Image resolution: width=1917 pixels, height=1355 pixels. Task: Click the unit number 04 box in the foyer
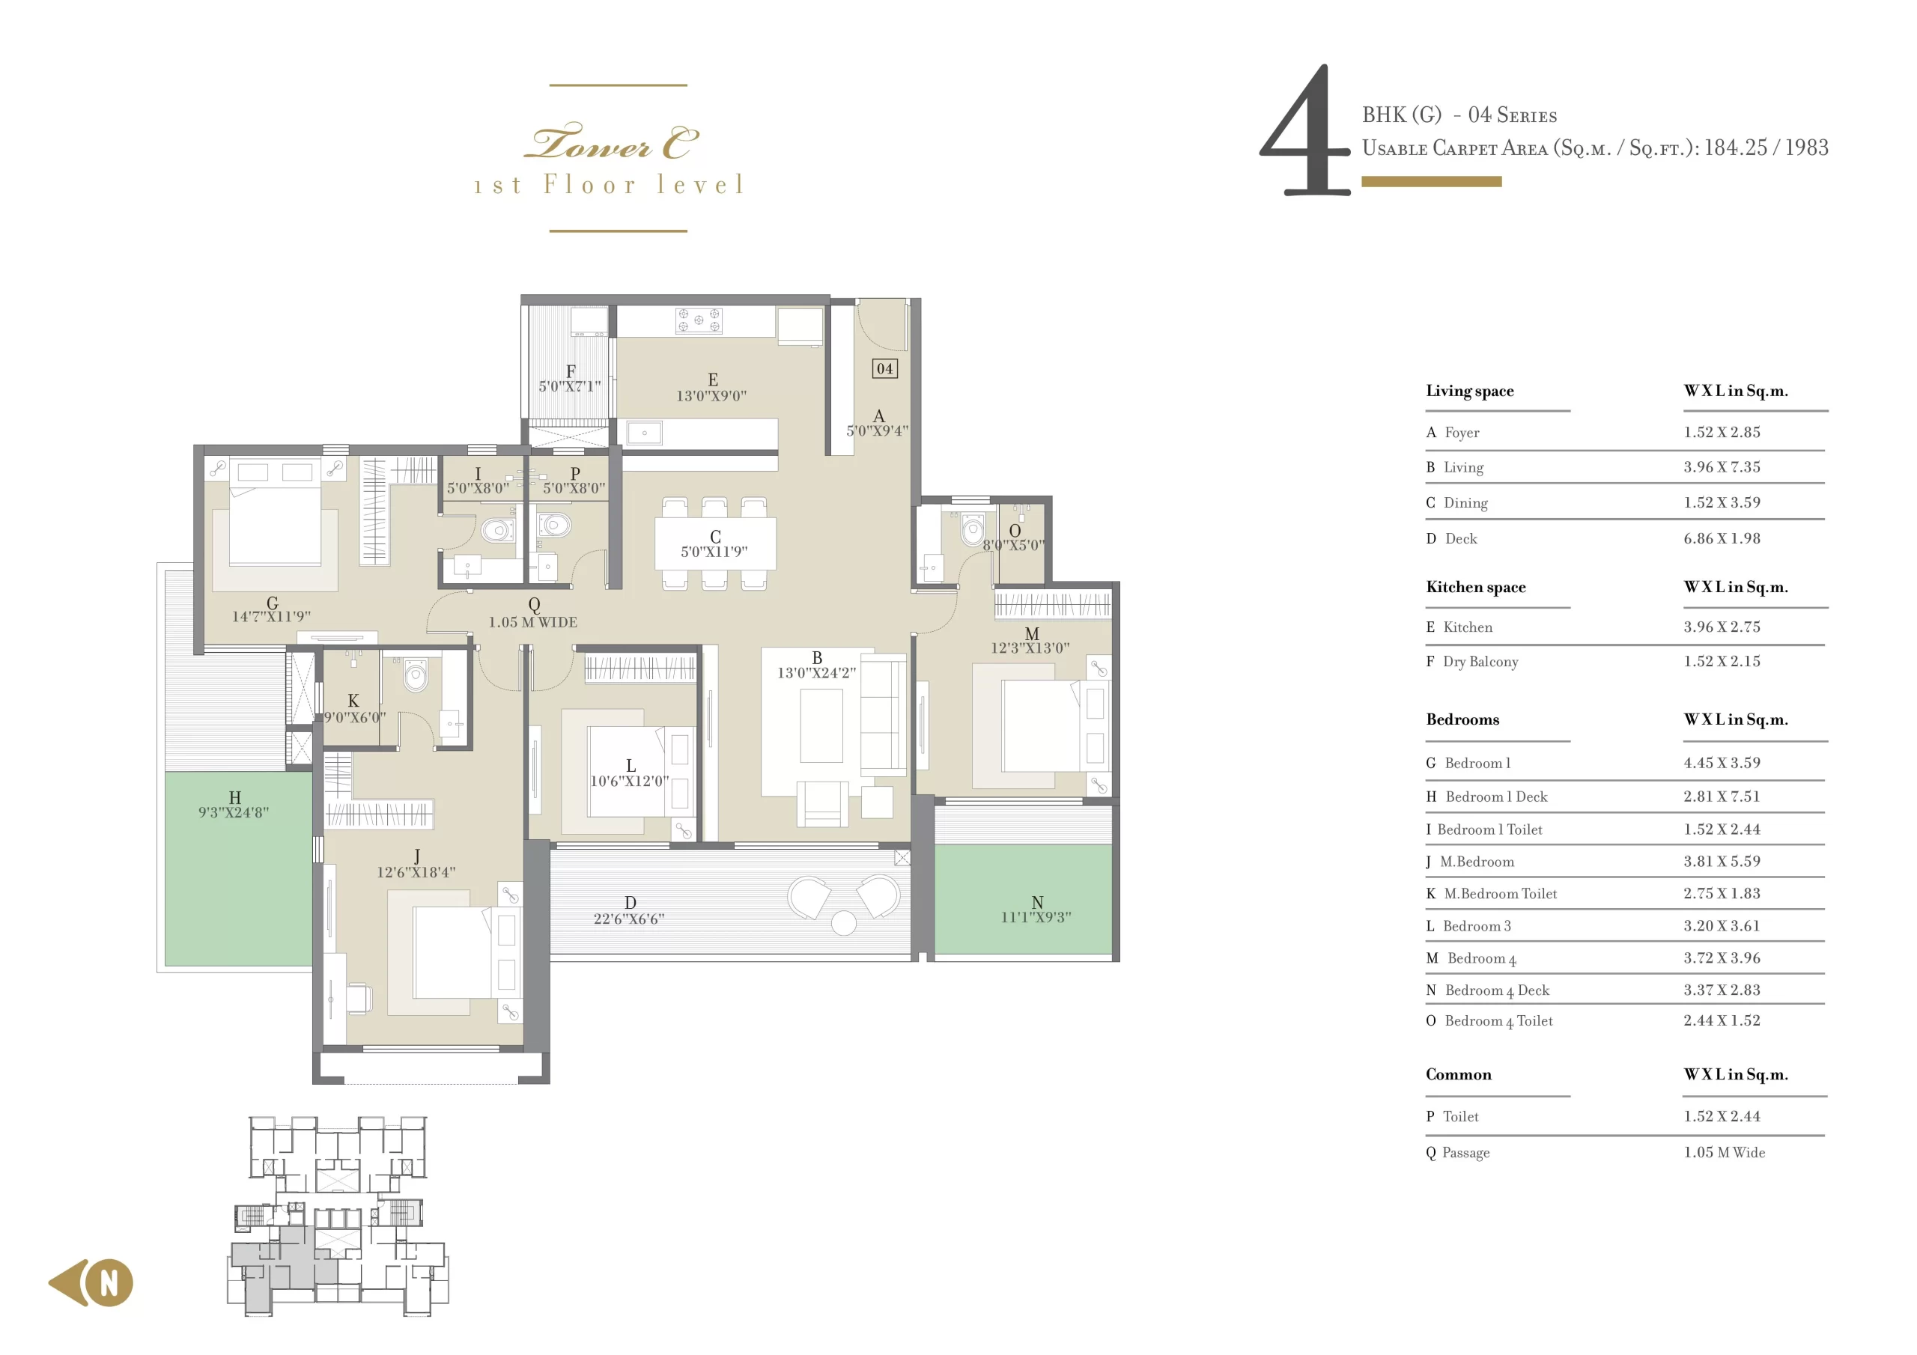(884, 368)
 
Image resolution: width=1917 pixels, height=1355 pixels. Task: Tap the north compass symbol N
(109, 1282)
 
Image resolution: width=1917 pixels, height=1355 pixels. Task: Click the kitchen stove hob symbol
(698, 320)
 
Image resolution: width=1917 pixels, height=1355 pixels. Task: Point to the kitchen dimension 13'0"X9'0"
(711, 396)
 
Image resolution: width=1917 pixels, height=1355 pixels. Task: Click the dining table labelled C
(714, 543)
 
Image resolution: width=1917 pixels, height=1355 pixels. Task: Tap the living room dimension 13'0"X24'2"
(815, 673)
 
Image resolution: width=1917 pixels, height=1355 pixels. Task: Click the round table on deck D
(843, 922)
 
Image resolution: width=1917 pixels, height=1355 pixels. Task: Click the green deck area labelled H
(237, 868)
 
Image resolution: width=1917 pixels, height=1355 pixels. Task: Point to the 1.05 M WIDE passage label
(532, 622)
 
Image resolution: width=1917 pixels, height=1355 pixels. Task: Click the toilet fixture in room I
(499, 529)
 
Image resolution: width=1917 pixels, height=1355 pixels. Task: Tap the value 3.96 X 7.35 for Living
(1721, 466)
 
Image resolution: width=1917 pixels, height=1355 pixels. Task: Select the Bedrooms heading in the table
(1462, 719)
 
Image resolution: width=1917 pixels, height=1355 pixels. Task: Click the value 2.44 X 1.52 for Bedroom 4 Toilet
(1721, 1020)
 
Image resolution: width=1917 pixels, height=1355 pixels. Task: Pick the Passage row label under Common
(1465, 1152)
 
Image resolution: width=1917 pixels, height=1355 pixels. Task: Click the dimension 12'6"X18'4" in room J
(416, 871)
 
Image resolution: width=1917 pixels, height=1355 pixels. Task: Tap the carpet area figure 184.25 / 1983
(1765, 147)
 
